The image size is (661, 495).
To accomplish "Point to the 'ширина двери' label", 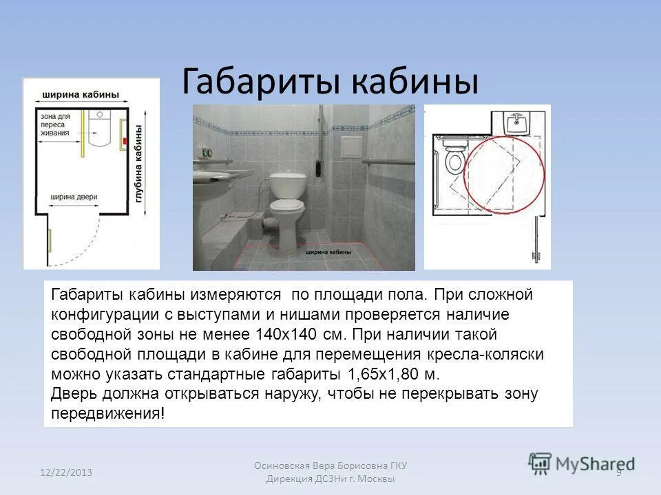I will pos(74,197).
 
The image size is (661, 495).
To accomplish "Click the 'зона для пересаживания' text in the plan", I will pos(55,125).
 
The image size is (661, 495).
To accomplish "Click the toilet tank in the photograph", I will pos(286,184).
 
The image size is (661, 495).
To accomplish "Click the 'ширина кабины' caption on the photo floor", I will pos(330,252).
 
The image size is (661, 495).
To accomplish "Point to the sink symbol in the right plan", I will pos(517,123).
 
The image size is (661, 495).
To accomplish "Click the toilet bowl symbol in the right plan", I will pos(454,162).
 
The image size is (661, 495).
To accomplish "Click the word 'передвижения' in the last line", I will pos(106,414).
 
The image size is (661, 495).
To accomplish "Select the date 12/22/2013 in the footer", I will pos(65,472).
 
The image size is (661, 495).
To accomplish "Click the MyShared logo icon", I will pos(540,463).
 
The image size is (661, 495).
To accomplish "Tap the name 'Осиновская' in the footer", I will pos(283,465).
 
